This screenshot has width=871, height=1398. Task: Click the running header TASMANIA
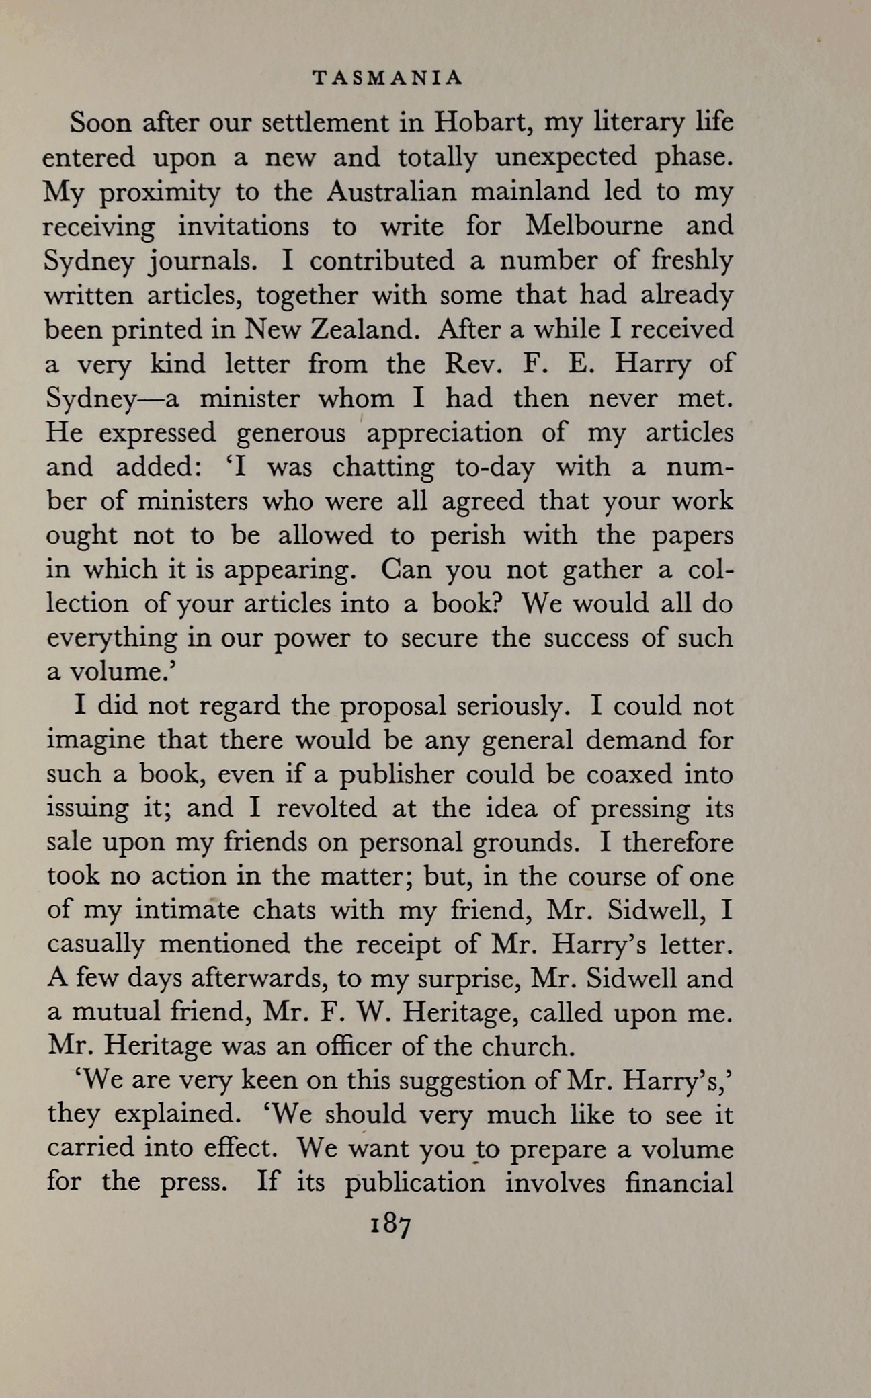click(388, 79)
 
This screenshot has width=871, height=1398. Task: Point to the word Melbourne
click(593, 226)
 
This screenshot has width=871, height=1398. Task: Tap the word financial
click(678, 1183)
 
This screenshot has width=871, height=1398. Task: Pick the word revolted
click(327, 808)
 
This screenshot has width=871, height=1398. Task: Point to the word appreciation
click(444, 434)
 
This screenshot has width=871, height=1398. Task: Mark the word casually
click(95, 945)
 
